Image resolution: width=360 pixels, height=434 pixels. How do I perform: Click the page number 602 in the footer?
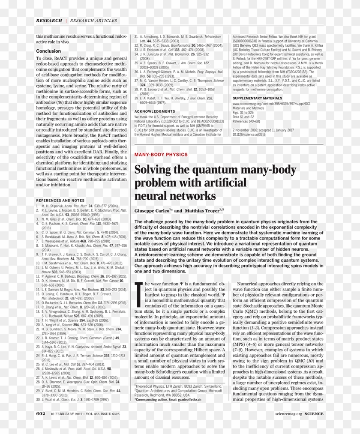click(41, 414)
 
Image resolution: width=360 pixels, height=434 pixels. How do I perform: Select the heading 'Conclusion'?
click(48, 51)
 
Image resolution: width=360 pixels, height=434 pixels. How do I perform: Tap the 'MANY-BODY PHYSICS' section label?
click(161, 154)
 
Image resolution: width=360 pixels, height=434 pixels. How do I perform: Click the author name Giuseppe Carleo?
click(153, 211)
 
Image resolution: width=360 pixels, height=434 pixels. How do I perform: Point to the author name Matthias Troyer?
click(203, 211)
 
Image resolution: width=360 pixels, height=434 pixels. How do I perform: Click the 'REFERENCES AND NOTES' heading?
click(60, 200)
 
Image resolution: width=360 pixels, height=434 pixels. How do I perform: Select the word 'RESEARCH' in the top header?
click(49, 20)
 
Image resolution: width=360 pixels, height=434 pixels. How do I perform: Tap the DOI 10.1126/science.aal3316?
click(249, 134)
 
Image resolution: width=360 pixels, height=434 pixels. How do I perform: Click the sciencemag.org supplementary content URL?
click(271, 104)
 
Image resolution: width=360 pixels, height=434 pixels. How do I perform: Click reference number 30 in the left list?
click(38, 399)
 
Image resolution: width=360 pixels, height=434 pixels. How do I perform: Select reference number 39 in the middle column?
click(137, 98)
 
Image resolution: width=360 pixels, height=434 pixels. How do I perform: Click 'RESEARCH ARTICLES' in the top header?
click(93, 20)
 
